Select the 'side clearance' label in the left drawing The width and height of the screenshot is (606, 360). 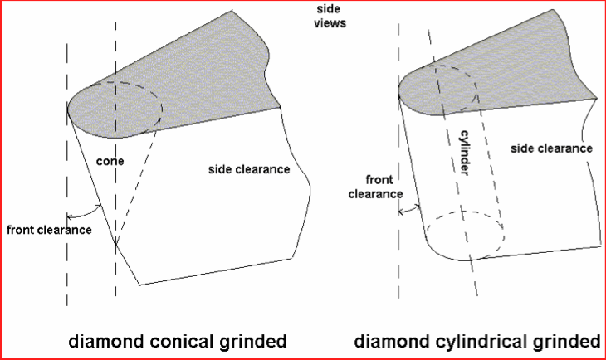point(248,169)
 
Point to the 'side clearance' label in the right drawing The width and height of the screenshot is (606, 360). point(551,148)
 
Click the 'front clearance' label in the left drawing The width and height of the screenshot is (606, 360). point(47,229)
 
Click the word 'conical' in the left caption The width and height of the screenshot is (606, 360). point(182,341)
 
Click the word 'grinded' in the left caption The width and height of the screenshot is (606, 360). point(252,341)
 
